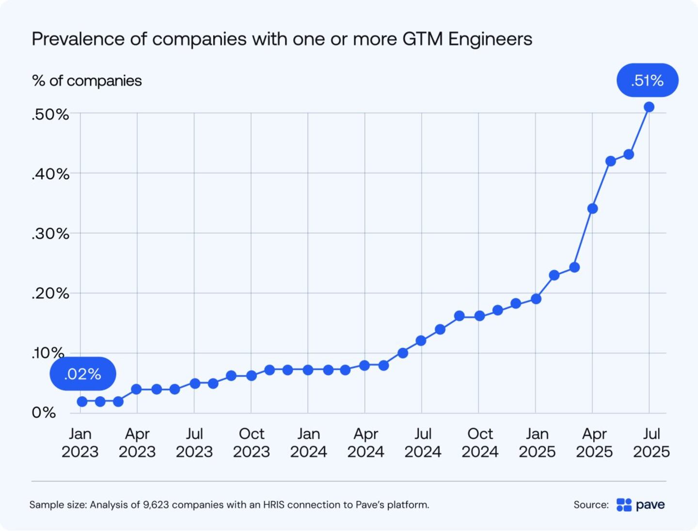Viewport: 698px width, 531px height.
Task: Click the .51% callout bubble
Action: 647,80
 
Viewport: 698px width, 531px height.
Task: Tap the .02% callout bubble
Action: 83,374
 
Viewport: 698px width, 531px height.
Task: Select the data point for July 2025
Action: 649,107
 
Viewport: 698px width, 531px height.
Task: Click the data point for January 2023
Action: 82,402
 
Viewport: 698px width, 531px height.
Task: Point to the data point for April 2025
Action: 592,209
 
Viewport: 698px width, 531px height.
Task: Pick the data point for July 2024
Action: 421,341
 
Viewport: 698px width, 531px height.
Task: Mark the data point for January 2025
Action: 536,299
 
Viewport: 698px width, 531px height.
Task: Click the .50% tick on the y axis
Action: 50,115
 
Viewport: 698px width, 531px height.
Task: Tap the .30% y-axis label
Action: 50,234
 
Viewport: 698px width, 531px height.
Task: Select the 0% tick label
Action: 44,413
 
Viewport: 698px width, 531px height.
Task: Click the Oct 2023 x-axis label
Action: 251,443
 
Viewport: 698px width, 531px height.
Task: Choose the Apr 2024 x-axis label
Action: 365,443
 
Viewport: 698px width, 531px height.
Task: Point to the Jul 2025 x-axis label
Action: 651,443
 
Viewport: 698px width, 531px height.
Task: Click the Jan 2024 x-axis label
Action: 308,443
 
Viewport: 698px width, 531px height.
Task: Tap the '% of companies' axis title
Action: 87,81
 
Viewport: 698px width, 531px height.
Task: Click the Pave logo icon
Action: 624,505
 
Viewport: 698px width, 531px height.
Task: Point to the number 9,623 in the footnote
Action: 156,505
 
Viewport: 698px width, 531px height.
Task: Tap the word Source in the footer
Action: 590,505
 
